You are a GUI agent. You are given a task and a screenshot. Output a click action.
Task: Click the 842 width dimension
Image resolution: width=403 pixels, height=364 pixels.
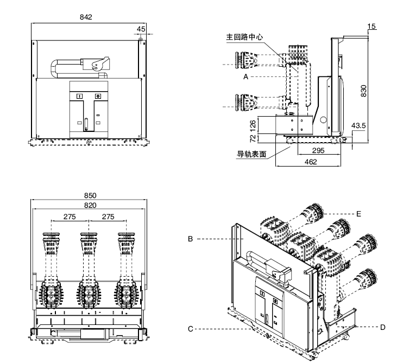coord(86,17)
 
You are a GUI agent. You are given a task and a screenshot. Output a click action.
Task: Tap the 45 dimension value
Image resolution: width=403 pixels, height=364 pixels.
coord(141,29)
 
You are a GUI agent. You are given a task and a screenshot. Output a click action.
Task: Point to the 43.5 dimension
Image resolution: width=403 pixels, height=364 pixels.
coord(358,125)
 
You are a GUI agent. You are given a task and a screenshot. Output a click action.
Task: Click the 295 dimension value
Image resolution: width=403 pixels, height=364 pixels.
coord(318,151)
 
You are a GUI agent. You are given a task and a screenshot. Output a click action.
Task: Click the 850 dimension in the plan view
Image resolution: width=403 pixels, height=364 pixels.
coord(90,195)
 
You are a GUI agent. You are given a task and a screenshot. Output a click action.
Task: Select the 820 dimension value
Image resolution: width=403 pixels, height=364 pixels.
coord(90,205)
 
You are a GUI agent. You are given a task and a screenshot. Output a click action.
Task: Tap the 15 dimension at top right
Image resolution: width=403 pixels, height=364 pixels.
coord(371,26)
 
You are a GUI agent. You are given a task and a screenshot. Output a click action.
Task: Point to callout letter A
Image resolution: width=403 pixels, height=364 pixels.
coord(245,78)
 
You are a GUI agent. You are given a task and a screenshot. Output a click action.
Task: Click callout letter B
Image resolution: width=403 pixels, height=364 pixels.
coord(191,238)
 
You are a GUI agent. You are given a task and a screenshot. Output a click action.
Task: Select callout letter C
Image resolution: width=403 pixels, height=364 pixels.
coord(191,329)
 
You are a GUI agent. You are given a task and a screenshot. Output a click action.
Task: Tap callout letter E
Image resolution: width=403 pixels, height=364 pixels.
coord(358,214)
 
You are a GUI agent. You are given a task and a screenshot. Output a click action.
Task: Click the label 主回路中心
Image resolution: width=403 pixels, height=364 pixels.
coord(244,38)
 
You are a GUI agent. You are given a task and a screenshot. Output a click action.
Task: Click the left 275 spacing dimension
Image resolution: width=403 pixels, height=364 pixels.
coord(70,216)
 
